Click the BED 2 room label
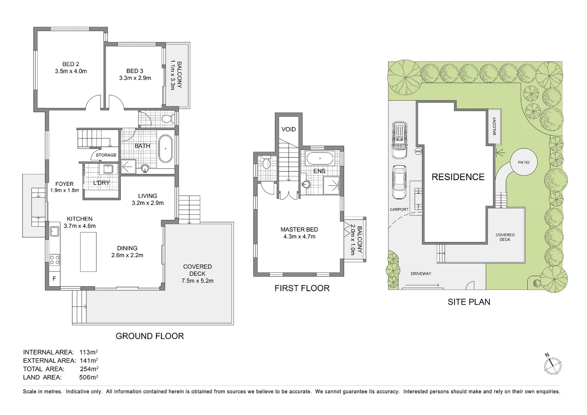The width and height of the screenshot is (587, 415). point(71,64)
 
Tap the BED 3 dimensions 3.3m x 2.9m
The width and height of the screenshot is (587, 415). point(135,78)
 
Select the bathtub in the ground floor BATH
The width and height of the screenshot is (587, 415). point(166,149)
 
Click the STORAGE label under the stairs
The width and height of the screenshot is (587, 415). point(106,155)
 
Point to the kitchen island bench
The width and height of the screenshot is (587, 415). point(88,252)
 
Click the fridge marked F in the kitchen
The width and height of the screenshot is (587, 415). point(54,279)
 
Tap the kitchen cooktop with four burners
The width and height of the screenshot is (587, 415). point(55,260)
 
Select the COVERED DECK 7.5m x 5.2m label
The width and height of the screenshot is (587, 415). point(197,274)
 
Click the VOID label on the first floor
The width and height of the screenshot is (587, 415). point(288,129)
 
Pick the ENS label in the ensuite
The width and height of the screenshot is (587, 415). point(319,171)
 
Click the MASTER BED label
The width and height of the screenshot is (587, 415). point(299,229)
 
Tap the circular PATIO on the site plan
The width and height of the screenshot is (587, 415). point(523,163)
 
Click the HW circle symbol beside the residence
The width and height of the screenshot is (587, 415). point(418,151)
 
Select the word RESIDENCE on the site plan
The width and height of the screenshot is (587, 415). point(458,177)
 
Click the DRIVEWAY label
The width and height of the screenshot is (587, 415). point(421,274)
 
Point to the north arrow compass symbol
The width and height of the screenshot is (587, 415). point(552,364)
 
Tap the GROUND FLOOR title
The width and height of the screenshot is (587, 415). point(150,336)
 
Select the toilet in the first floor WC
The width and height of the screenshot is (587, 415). point(266,163)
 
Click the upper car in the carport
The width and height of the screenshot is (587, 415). point(399,140)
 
